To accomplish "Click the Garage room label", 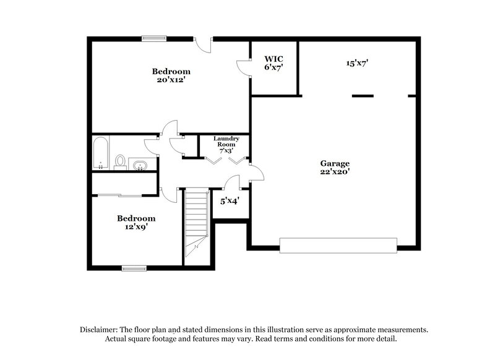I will [334, 164].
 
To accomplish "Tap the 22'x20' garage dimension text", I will [334, 172].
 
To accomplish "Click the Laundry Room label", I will [226, 142].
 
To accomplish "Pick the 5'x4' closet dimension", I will [230, 201].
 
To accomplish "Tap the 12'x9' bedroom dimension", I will [136, 227].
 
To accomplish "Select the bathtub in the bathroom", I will [101, 154].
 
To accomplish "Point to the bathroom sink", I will [140, 165].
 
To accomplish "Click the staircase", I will [197, 226].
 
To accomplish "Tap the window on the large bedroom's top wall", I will [153, 38].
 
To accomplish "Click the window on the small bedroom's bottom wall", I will [134, 268].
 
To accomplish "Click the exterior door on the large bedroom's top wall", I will [204, 43].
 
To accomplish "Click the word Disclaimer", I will [100, 330].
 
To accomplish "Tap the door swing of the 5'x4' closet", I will [233, 182].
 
